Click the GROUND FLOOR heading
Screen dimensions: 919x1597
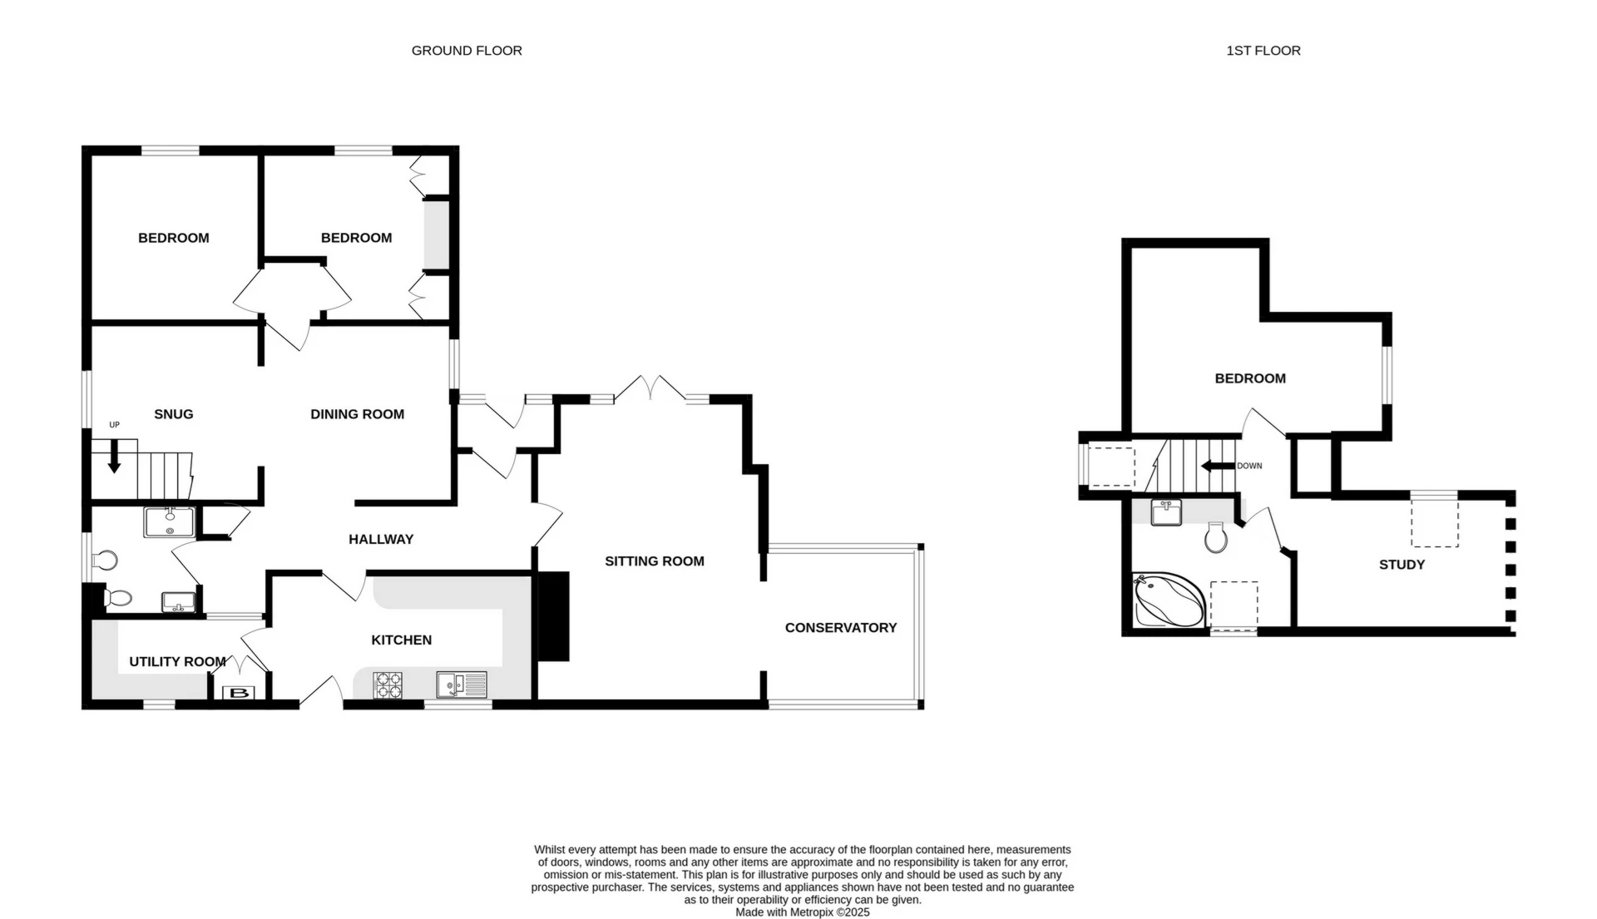[467, 51]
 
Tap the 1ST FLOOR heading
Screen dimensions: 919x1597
[1263, 51]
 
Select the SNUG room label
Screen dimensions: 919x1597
[174, 414]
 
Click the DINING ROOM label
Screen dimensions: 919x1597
[357, 414]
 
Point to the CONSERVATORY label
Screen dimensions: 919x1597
[840, 628]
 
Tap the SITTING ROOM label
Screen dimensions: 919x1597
[654, 561]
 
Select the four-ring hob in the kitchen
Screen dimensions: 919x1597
[388, 685]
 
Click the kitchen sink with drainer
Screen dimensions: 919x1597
[462, 685]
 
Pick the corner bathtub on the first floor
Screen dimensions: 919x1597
[1168, 600]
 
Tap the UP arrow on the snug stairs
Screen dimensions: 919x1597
[114, 457]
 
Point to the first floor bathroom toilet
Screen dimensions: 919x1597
[1216, 537]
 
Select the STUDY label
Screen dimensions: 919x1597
[1402, 565]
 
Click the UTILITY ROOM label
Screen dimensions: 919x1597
[177, 662]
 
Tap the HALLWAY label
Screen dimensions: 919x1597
[381, 540]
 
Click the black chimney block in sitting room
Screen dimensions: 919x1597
[554, 616]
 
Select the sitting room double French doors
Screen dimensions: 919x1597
[650, 389]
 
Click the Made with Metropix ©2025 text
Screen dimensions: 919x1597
[802, 912]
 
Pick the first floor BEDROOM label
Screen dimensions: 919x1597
[1249, 378]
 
